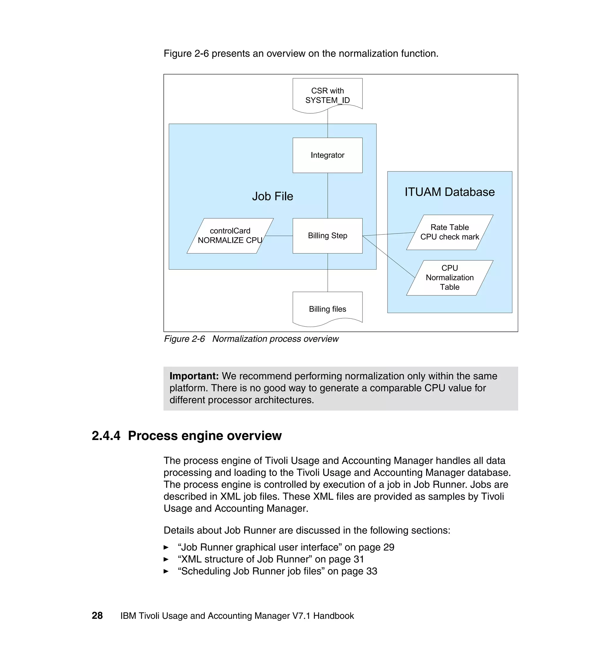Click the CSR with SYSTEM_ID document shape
(x=327, y=95)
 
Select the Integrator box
(x=327, y=155)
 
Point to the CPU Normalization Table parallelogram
(x=449, y=277)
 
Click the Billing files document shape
(x=327, y=309)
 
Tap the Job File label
(x=273, y=196)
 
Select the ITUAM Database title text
(x=449, y=192)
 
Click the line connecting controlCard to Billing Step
(x=279, y=236)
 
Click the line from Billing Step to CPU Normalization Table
(x=389, y=256)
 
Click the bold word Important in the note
(x=194, y=376)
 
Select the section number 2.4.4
(x=106, y=436)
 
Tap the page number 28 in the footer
(x=97, y=616)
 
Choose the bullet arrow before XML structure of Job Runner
(x=166, y=559)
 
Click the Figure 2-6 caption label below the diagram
(x=184, y=339)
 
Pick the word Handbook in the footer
(x=333, y=616)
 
